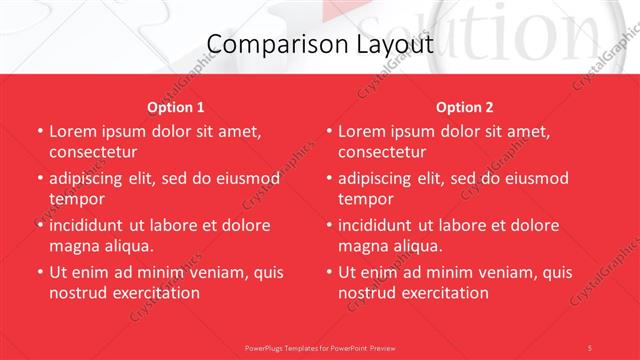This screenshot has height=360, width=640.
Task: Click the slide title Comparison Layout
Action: [x=320, y=45]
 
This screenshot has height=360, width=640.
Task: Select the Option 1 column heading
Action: [x=176, y=107]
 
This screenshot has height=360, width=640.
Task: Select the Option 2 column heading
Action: [x=464, y=107]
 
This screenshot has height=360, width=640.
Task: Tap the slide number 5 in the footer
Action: [x=590, y=347]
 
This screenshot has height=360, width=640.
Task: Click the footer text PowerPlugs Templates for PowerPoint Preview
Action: [x=320, y=347]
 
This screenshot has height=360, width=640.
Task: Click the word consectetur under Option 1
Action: [x=93, y=152]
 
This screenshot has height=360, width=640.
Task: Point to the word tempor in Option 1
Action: [x=76, y=199]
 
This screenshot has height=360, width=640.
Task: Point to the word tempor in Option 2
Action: [x=365, y=199]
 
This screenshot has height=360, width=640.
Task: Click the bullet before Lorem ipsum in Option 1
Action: [x=39, y=131]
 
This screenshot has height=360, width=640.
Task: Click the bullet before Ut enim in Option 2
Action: [x=328, y=272]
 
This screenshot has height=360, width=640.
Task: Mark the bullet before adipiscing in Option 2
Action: [x=328, y=178]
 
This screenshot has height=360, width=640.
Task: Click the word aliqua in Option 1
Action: [x=125, y=246]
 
